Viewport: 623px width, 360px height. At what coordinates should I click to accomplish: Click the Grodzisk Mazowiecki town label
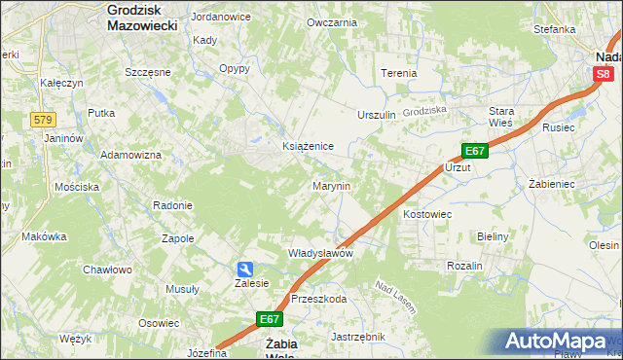pyautogui.click(x=141, y=17)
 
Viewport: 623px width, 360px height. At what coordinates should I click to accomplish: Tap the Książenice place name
pyautogui.click(x=308, y=146)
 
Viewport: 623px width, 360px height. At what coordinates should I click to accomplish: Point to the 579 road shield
pyautogui.click(x=42, y=120)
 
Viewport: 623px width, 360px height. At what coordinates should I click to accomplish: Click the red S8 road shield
pyautogui.click(x=604, y=73)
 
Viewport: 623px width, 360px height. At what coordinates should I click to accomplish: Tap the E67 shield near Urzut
pyautogui.click(x=474, y=151)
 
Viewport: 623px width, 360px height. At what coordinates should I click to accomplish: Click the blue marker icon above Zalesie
pyautogui.click(x=246, y=269)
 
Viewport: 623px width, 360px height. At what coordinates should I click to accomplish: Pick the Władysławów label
pyautogui.click(x=319, y=253)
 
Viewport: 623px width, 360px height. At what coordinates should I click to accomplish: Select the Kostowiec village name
pyautogui.click(x=428, y=213)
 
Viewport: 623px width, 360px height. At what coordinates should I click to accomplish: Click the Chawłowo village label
pyautogui.click(x=106, y=270)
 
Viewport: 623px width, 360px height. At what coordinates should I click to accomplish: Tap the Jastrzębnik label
pyautogui.click(x=358, y=337)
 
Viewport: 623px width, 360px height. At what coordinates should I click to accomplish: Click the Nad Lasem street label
pyautogui.click(x=397, y=298)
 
